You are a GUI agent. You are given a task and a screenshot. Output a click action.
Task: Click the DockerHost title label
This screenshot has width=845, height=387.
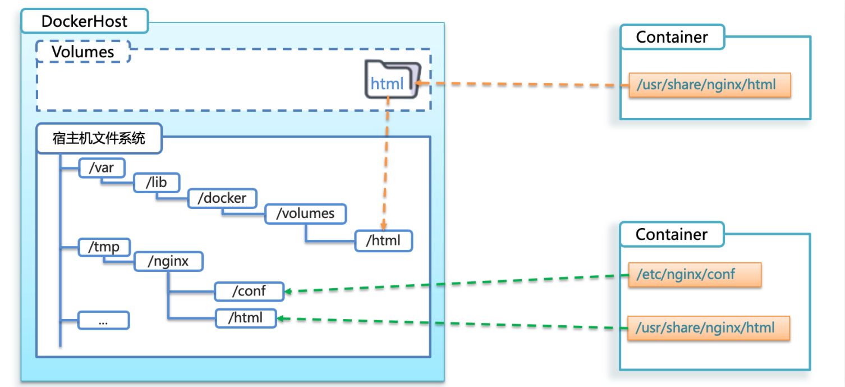click(85, 22)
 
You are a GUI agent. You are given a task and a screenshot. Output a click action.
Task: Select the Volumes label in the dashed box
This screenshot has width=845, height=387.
click(82, 52)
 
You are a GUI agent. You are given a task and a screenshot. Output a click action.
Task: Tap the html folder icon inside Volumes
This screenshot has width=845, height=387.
click(392, 80)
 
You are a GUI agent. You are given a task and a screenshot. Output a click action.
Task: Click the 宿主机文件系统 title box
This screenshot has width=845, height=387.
click(99, 138)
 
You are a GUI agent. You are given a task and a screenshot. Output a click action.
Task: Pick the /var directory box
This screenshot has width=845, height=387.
click(102, 167)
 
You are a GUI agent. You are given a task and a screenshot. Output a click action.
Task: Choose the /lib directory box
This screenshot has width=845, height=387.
click(157, 183)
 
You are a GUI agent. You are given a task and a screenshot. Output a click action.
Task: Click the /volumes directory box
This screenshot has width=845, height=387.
click(305, 213)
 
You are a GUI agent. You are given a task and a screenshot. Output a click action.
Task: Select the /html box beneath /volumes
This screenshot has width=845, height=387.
click(383, 240)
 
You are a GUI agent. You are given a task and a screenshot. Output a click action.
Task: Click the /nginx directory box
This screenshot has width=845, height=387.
click(168, 262)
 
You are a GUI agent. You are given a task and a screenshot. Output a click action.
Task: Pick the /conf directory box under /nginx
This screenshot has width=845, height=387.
click(249, 291)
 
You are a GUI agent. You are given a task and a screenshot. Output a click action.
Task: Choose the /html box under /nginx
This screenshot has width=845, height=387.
click(246, 318)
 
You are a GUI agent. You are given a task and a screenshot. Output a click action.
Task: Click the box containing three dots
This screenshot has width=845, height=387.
click(103, 321)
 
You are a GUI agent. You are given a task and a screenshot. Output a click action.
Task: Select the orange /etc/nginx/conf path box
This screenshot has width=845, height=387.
click(694, 275)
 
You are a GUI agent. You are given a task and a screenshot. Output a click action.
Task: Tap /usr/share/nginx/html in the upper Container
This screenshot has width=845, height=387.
click(709, 85)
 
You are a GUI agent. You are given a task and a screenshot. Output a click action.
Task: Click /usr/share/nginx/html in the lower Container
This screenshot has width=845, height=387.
click(709, 328)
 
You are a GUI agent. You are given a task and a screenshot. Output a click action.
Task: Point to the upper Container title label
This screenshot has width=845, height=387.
click(672, 37)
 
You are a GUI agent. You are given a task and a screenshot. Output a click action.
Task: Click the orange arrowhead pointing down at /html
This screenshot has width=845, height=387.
click(384, 225)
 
